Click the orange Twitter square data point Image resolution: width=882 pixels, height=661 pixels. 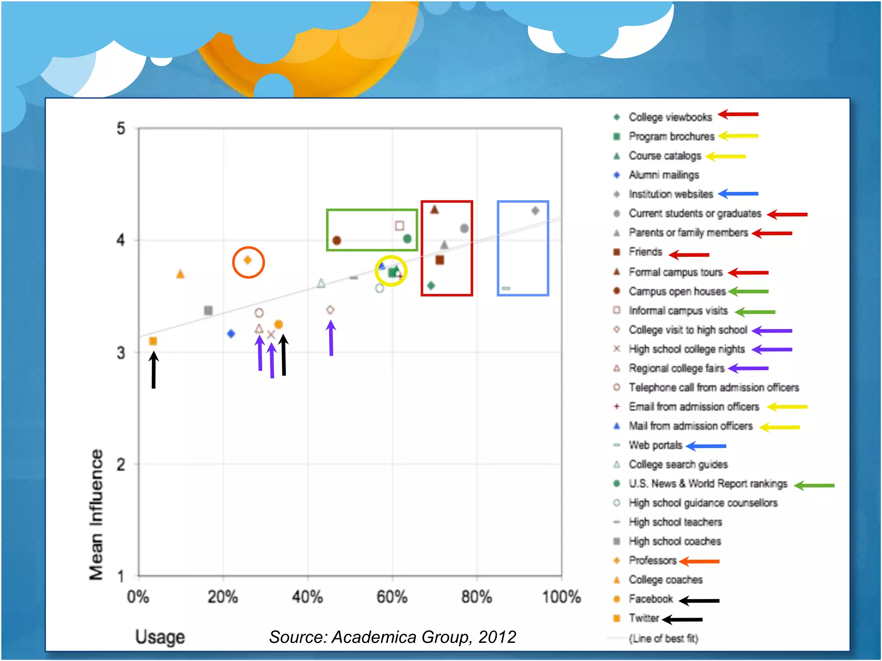click(153, 341)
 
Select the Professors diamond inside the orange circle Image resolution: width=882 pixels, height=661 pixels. click(248, 260)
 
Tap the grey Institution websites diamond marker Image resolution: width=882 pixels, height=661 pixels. click(535, 210)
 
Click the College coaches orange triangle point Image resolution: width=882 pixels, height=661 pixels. click(180, 274)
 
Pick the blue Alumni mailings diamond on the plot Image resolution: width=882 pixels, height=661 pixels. click(231, 334)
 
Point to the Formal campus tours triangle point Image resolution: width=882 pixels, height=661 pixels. click(435, 210)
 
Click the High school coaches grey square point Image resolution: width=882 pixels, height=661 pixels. click(208, 310)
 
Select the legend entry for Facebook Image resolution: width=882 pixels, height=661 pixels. click(650, 599)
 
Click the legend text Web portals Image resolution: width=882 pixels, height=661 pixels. click(655, 445)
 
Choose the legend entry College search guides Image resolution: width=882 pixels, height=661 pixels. click(678, 464)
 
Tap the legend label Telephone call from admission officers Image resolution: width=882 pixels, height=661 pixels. click(714, 387)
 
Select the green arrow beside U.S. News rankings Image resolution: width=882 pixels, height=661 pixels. click(814, 485)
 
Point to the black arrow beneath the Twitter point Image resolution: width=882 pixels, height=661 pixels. click(154, 370)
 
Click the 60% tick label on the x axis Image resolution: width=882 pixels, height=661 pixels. click(392, 597)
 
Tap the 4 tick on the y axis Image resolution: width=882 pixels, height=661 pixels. click(121, 240)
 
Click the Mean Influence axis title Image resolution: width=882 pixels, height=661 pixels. click(96, 514)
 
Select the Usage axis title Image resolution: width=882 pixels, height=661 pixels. click(160, 637)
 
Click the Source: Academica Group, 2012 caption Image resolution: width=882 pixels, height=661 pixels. click(392, 637)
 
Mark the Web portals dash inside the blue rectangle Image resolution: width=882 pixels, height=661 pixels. click(506, 288)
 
